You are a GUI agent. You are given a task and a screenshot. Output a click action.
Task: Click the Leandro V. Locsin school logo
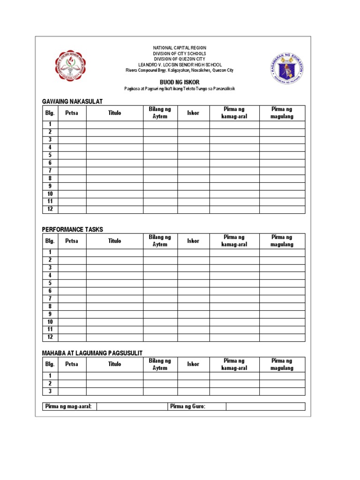coord(70,66)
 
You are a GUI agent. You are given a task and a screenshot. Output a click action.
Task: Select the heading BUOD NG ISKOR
coord(180,82)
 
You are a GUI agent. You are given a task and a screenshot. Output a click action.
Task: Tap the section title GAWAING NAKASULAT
coord(72,102)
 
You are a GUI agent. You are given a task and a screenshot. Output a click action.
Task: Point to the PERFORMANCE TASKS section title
coord(72,229)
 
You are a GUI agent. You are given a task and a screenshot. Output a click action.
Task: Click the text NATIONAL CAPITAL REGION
coord(180,48)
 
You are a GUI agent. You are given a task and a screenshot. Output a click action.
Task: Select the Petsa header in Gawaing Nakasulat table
coord(72,113)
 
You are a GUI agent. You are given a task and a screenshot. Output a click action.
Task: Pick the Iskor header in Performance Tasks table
coord(193,241)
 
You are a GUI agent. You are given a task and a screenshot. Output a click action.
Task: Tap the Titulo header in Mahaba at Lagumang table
coord(114,364)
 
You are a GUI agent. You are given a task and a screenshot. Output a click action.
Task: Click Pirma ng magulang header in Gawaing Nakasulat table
coord(282,113)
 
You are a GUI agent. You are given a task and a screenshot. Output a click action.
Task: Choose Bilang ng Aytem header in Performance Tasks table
coord(160,241)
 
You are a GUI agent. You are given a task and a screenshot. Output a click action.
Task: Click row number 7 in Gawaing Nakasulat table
coord(50,171)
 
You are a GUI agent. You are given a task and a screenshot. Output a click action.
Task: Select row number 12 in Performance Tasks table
coord(50,337)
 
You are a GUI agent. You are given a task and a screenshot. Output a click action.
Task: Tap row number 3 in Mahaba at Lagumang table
coord(50,391)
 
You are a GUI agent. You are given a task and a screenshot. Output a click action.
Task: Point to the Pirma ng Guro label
coord(188,406)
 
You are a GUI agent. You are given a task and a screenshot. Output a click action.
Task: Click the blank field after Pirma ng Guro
coord(265,406)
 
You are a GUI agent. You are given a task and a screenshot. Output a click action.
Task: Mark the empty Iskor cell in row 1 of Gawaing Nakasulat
coord(193,124)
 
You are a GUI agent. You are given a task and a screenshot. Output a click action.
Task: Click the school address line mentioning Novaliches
coord(180,70)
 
